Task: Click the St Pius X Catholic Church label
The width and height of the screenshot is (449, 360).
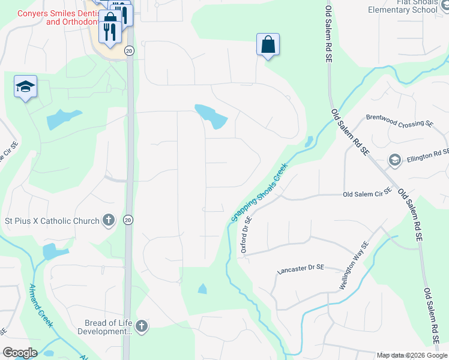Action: (52, 221)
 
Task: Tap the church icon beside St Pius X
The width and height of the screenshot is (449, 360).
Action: (109, 220)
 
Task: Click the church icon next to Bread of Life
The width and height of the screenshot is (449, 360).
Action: (141, 326)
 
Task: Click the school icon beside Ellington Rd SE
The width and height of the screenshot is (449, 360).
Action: (394, 160)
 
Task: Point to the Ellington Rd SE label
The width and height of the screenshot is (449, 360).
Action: (427, 156)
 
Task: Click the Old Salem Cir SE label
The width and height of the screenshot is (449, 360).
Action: (367, 194)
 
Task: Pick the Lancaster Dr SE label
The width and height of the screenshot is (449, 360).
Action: (301, 271)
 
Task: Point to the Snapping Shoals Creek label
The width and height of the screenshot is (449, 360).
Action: (259, 193)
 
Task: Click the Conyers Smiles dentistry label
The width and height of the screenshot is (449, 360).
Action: (57, 17)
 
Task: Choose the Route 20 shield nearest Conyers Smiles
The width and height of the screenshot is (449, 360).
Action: (129, 51)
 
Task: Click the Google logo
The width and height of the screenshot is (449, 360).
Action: (20, 353)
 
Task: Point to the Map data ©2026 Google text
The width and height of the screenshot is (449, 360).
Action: (411, 355)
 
